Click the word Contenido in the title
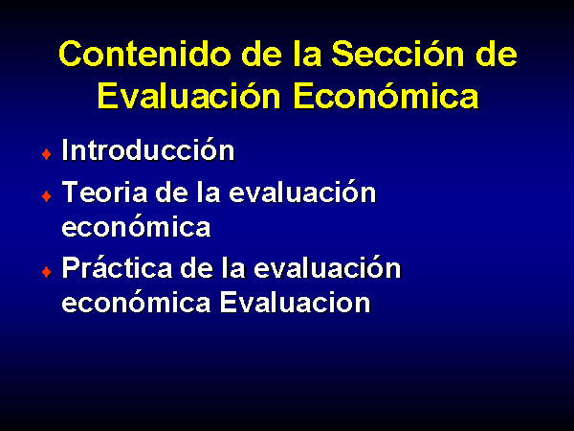[145, 54]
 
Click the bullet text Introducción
[148, 149]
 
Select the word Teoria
[104, 192]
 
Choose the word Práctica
[117, 266]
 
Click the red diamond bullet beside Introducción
[47, 154]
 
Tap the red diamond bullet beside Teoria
[47, 196]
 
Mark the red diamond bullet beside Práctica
[47, 272]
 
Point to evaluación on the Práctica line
[327, 266]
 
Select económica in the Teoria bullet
[136, 225]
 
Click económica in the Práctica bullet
[136, 302]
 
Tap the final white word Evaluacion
[295, 302]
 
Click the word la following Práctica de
[233, 266]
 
